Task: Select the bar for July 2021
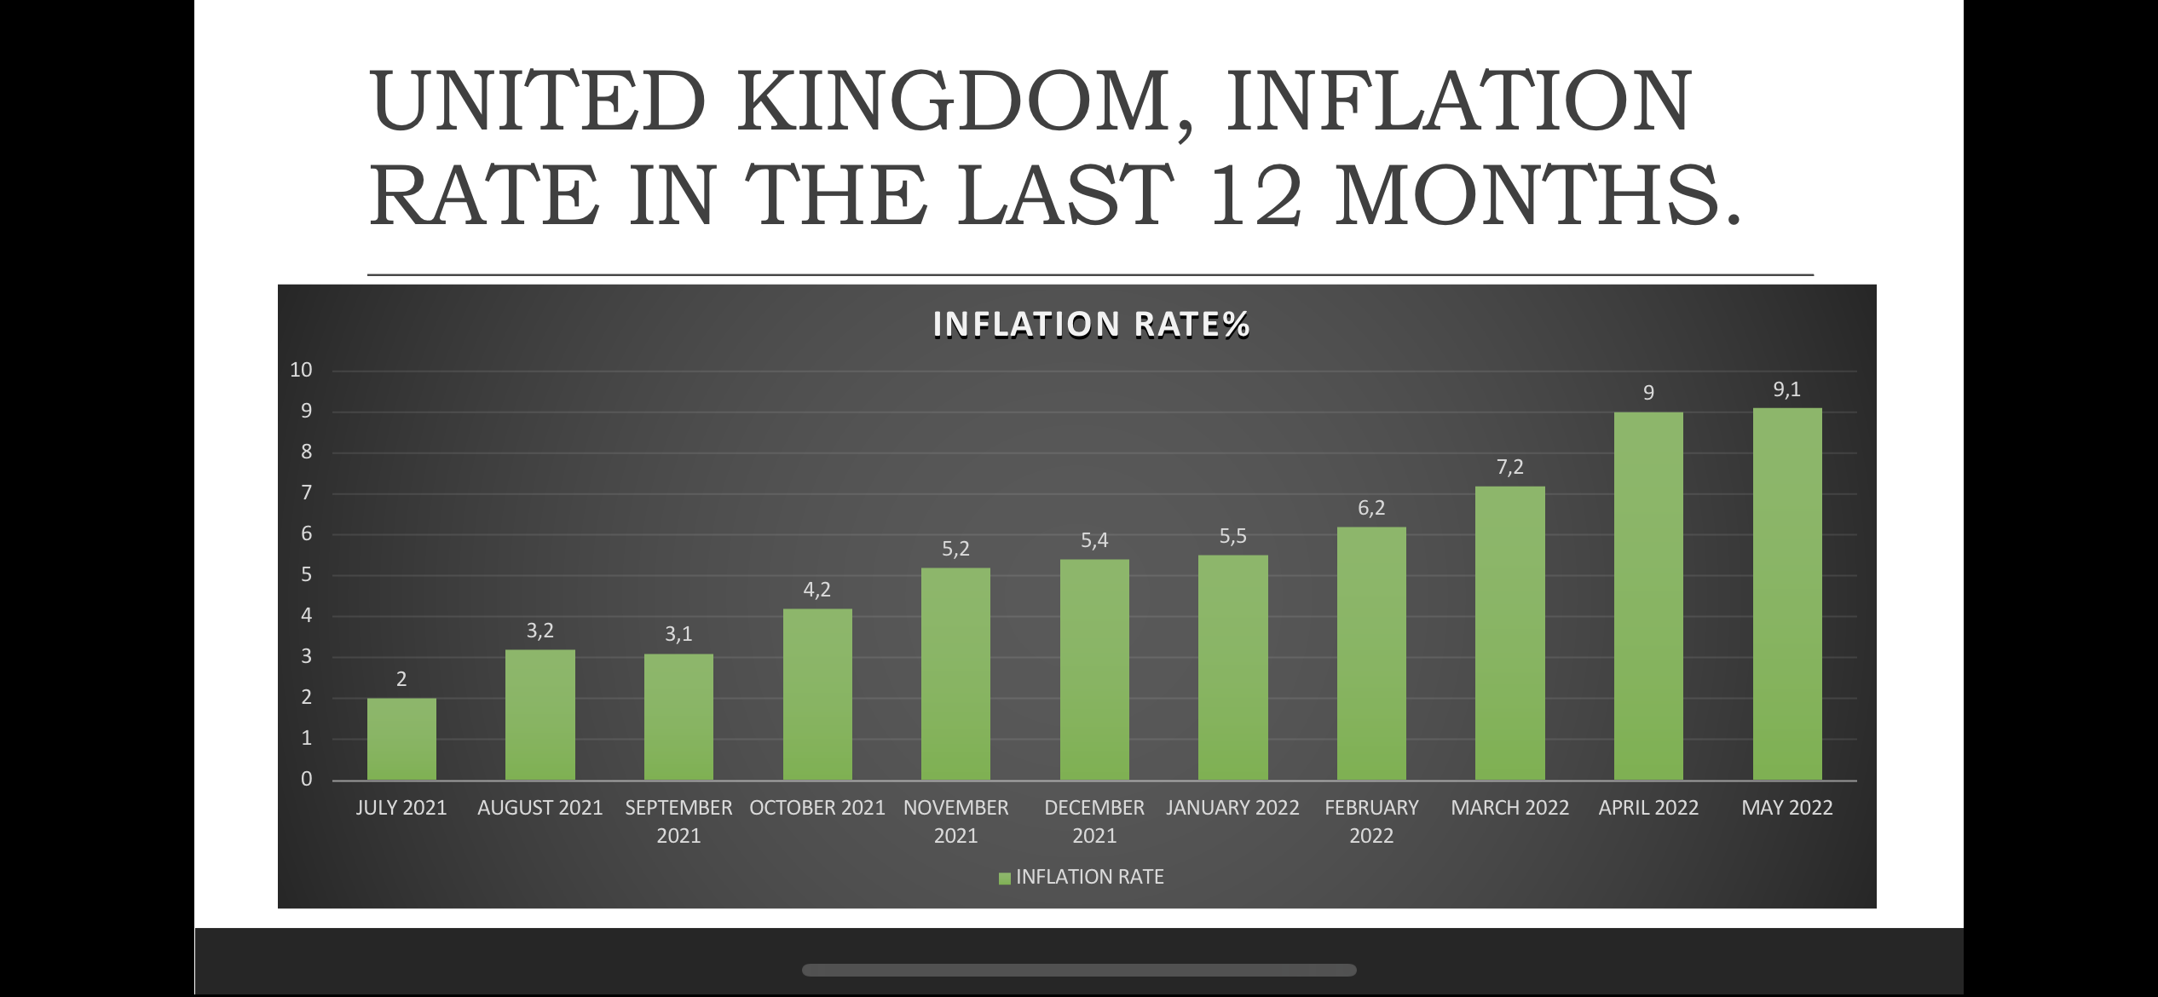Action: [401, 739]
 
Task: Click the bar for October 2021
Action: [817, 694]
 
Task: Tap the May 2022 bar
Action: [1787, 594]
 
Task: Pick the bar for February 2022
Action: [1371, 653]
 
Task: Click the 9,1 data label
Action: [1787, 389]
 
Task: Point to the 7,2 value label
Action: [1509, 467]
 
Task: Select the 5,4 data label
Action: [1094, 540]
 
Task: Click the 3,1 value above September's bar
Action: [678, 634]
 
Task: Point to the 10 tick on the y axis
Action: [301, 370]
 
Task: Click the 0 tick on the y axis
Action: [306, 779]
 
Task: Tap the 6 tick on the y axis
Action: [306, 533]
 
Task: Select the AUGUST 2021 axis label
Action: [539, 808]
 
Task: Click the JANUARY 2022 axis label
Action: [1232, 808]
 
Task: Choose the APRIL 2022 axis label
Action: [1648, 808]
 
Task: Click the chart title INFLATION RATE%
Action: [1091, 325]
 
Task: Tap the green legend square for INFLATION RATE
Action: [1005, 878]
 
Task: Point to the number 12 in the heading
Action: [1255, 195]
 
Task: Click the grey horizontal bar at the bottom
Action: [1079, 970]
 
